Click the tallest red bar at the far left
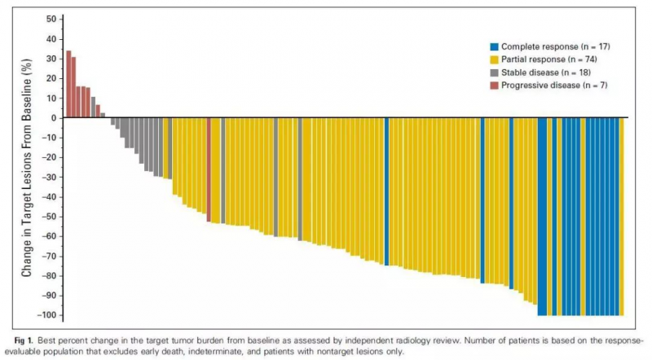click(x=68, y=85)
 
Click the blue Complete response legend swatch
click(x=494, y=46)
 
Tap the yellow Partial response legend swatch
click(x=494, y=59)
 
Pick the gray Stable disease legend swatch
click(x=494, y=72)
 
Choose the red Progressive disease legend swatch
click(x=494, y=85)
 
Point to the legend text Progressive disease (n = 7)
click(x=555, y=85)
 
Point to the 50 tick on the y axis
click(x=51, y=19)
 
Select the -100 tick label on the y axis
click(x=47, y=315)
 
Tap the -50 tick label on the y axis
click(x=49, y=217)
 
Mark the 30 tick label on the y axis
click(x=51, y=59)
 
